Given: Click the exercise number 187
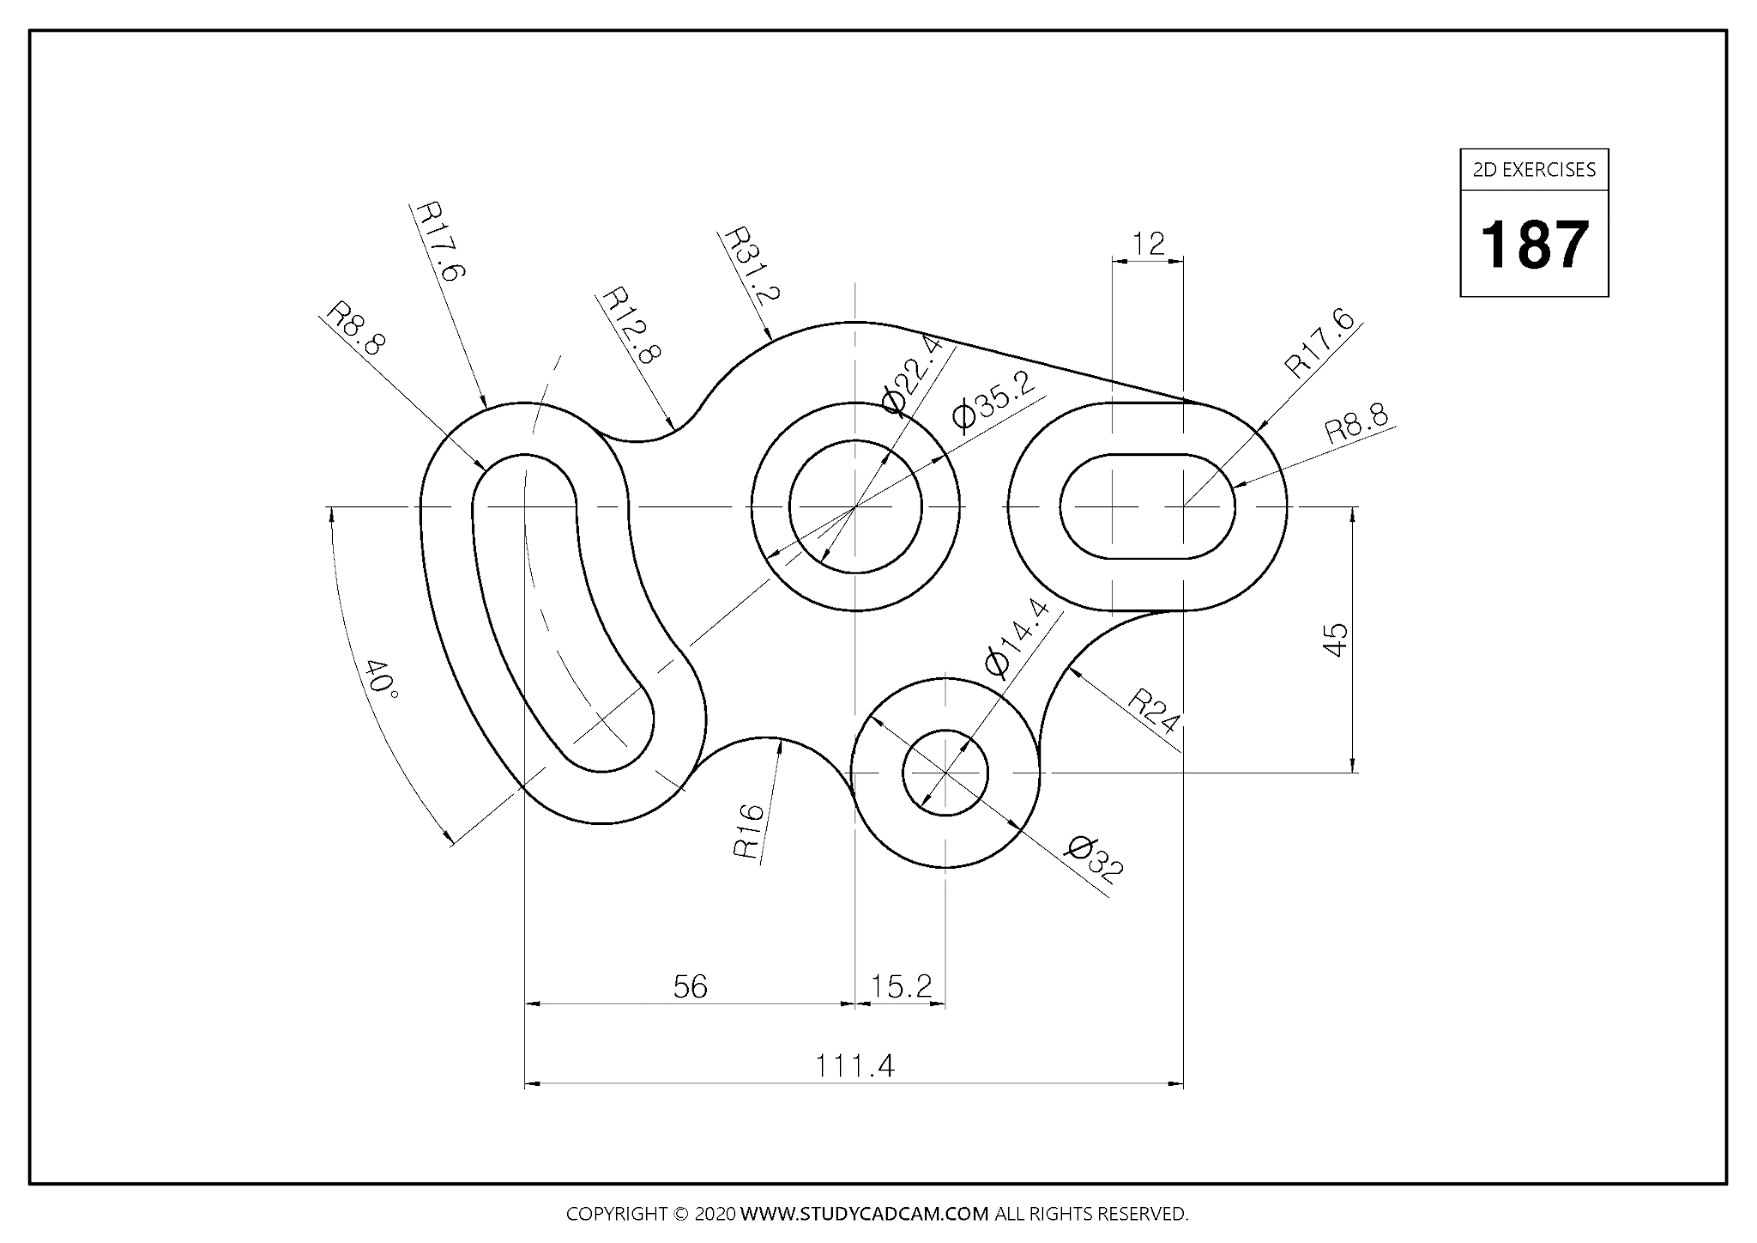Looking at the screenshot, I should (1534, 246).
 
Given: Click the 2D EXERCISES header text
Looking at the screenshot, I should (1534, 170).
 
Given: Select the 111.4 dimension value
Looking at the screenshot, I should (854, 1066).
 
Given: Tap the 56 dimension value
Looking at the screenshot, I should (690, 987).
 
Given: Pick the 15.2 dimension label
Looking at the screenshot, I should (901, 987).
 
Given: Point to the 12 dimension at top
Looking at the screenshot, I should (1148, 244).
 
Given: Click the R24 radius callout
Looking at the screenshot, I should (1153, 711).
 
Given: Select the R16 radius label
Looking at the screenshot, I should (748, 831).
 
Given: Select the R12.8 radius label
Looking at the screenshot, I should (631, 325).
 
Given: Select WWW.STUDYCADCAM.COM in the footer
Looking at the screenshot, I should (864, 1214).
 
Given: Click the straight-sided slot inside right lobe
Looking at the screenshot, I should (1148, 506).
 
